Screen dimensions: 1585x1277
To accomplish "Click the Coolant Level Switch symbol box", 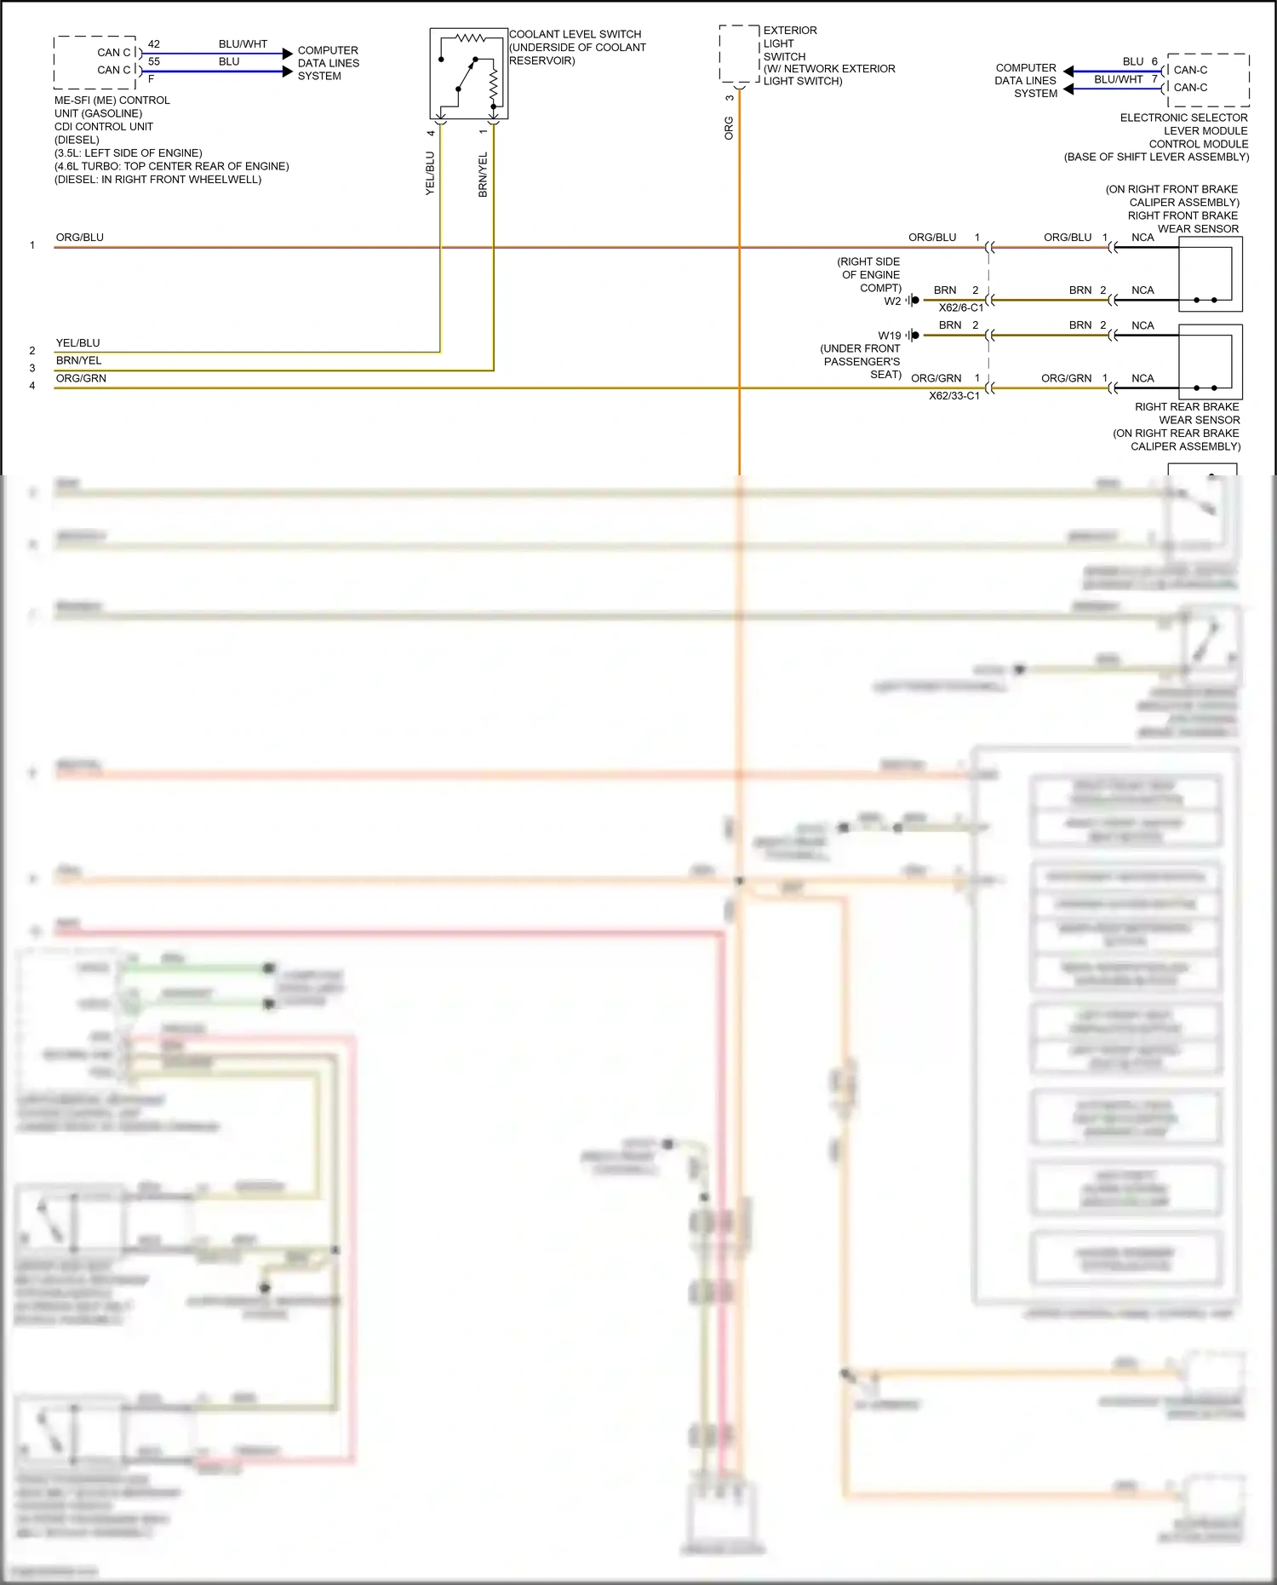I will tap(468, 74).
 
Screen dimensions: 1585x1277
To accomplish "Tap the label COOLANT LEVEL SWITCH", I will tap(576, 34).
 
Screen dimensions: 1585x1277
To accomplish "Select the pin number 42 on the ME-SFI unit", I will tap(154, 44).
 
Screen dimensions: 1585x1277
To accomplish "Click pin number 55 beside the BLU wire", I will tap(154, 61).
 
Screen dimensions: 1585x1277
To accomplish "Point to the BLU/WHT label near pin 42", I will tap(243, 44).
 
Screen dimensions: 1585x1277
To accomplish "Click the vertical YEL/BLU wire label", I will tap(430, 173).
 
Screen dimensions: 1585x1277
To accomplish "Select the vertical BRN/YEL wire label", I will tap(483, 175).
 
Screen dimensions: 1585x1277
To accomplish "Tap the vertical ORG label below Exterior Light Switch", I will tap(729, 128).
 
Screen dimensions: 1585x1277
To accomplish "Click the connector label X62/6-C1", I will tap(960, 307).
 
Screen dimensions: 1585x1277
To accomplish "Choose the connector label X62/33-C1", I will tap(953, 395).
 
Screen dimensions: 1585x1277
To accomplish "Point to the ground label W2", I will tap(891, 301).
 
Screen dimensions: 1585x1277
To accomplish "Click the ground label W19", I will tap(889, 336).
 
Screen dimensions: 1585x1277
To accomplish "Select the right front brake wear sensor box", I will tap(1210, 273).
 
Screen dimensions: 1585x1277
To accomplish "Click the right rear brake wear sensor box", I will tap(1210, 361).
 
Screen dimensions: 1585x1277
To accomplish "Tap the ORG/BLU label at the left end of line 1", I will tap(80, 238).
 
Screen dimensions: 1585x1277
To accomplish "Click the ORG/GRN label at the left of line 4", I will tap(81, 378).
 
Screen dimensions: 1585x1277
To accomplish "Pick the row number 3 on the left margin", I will tap(32, 368).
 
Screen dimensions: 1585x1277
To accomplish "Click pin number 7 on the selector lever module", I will tap(1154, 79).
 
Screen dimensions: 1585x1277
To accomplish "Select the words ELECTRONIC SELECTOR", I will tap(1183, 118).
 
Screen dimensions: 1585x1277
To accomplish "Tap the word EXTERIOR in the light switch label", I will tap(790, 31).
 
